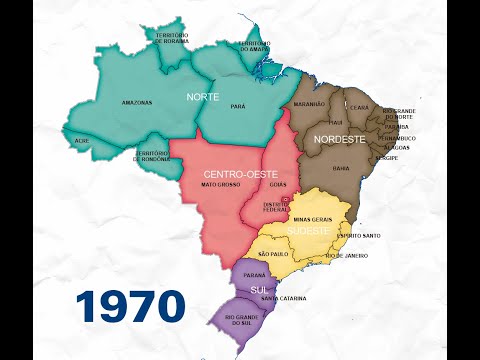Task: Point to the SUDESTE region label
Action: tap(308, 231)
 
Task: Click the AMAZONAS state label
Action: tap(137, 102)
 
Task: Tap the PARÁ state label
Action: tap(238, 104)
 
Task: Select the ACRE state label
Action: tap(82, 141)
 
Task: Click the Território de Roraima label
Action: tap(172, 37)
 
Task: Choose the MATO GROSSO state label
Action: tap(220, 185)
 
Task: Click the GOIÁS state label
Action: tap(279, 186)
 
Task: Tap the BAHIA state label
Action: tap(341, 168)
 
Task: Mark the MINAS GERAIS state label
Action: tap(312, 217)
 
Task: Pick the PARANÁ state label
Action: tap(254, 273)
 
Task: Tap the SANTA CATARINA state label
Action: tap(284, 298)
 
